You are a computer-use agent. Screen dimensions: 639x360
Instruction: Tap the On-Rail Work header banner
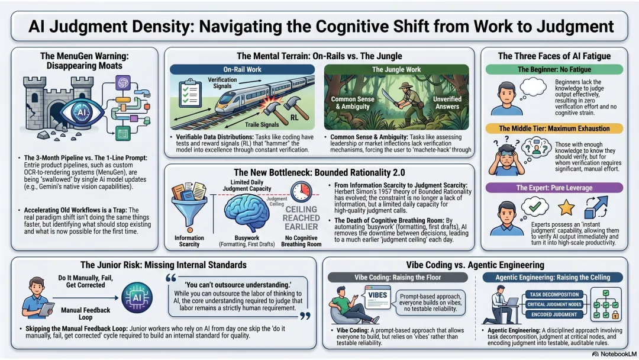coord(242,69)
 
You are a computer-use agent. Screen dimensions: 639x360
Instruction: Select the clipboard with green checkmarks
coord(191,93)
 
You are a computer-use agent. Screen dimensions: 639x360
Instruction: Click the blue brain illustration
coord(246,213)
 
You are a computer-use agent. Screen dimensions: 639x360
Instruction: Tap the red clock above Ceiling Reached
coord(301,192)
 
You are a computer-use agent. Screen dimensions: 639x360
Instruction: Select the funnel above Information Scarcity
coord(189,207)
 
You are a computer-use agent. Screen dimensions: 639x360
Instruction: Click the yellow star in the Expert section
coord(566,207)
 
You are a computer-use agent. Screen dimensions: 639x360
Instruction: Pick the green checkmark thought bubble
coord(534,207)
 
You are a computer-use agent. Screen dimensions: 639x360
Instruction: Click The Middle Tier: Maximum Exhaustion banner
coord(554,128)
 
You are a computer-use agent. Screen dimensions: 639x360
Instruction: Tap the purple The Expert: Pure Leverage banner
coord(554,188)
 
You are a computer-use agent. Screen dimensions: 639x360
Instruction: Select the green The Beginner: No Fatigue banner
coord(554,69)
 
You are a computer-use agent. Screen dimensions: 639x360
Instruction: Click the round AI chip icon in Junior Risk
coord(137,298)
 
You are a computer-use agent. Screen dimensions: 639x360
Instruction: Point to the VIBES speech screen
coord(377,297)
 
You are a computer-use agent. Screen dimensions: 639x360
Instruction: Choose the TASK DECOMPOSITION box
coord(554,294)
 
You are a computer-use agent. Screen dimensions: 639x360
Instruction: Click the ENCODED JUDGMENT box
coord(554,314)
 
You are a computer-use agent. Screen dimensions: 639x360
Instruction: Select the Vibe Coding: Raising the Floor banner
coord(398,277)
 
